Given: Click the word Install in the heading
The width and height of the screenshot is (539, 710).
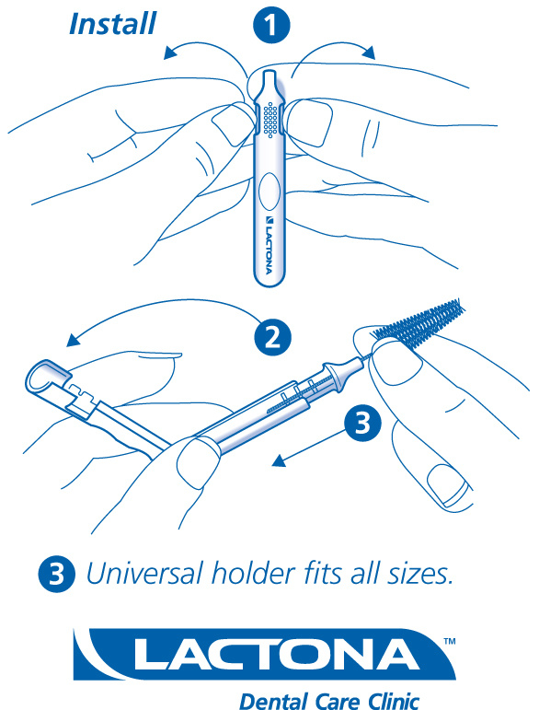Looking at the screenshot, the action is click(x=112, y=24).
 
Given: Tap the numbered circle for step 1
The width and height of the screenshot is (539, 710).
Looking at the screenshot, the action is click(x=271, y=25).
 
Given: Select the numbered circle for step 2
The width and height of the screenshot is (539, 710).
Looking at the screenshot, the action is click(x=272, y=337).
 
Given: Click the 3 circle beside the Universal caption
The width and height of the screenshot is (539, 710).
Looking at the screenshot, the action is click(x=56, y=574).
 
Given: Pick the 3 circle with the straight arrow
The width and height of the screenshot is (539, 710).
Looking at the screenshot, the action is click(x=362, y=423).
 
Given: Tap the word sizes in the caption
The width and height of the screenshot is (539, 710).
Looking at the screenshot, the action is click(x=420, y=574).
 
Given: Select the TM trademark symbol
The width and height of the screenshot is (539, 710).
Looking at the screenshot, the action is click(x=449, y=641).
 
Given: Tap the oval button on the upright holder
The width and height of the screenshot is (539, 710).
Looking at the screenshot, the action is click(x=269, y=192).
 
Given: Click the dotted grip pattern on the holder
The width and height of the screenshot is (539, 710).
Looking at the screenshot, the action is click(x=270, y=119).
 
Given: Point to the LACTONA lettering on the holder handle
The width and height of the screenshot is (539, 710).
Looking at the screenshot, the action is click(x=269, y=245).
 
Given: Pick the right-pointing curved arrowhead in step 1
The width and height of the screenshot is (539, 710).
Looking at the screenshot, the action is click(x=369, y=52).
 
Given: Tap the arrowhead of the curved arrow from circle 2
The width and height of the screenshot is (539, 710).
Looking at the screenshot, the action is click(x=74, y=340).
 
